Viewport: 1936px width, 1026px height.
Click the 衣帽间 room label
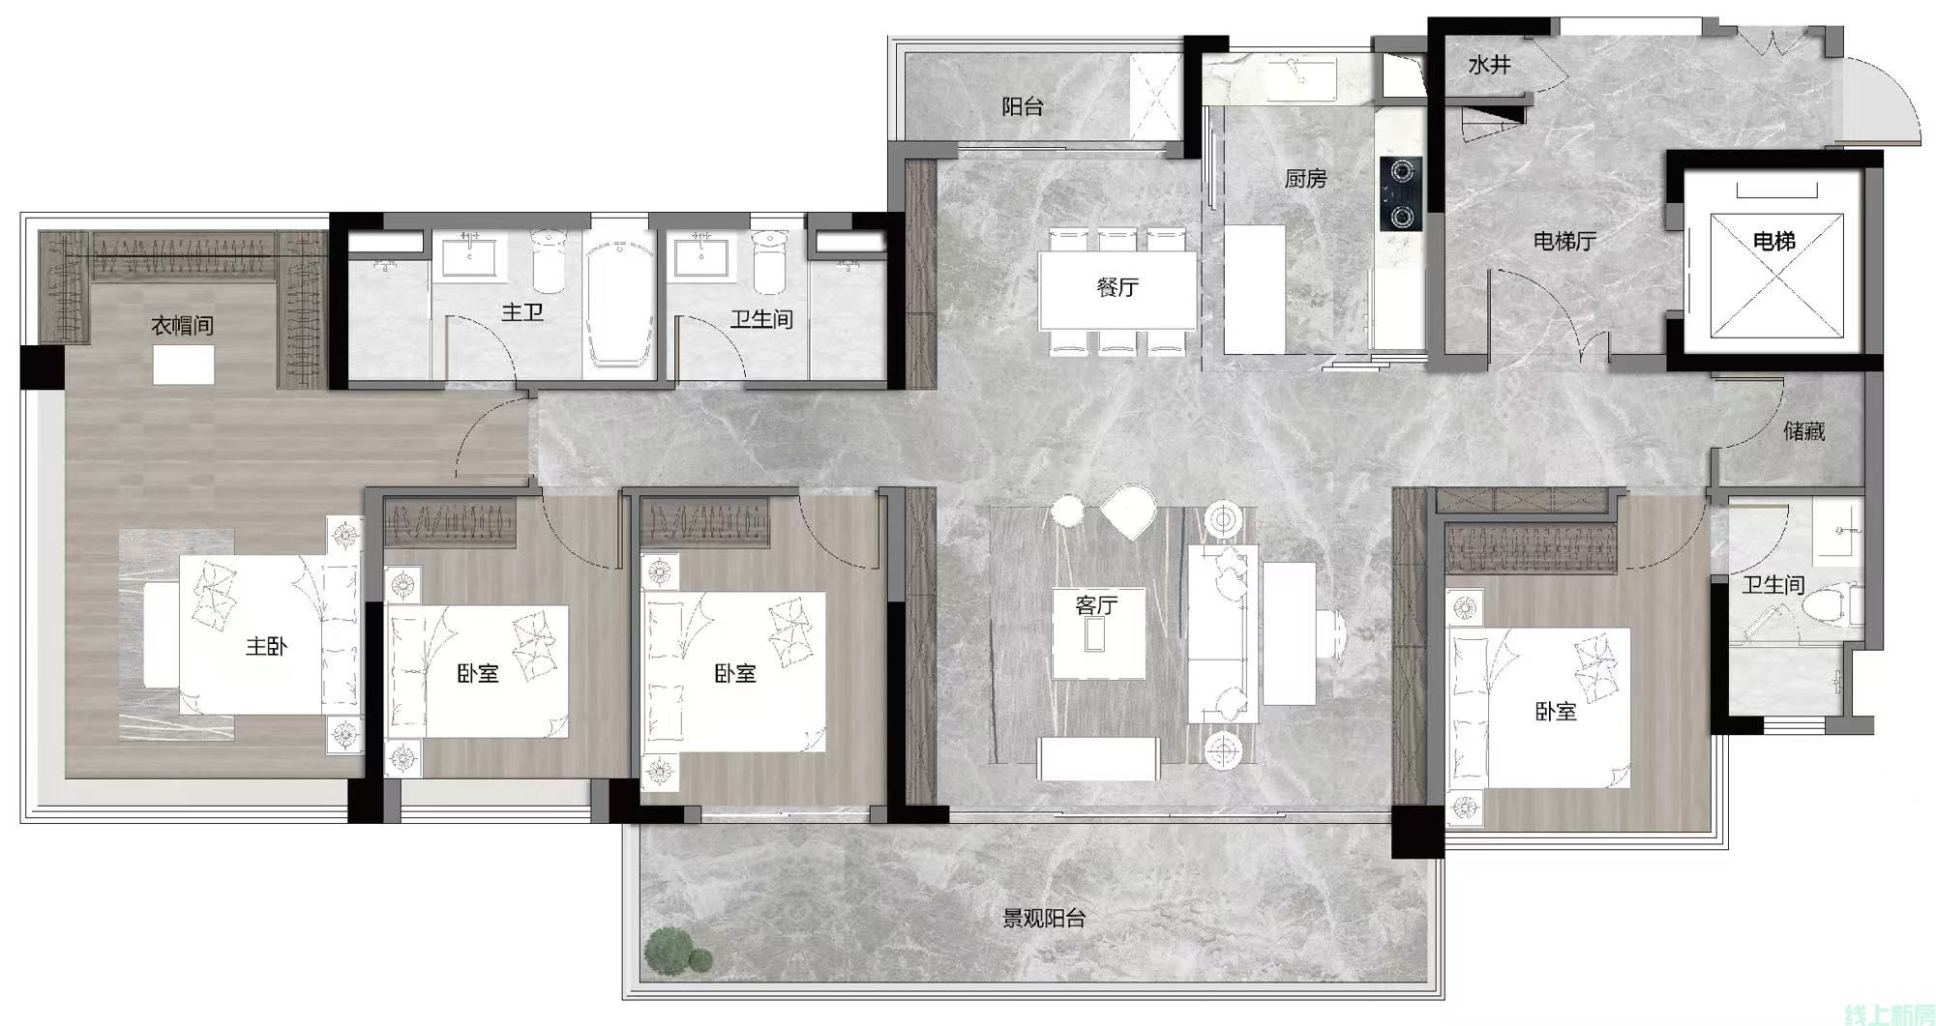click(182, 326)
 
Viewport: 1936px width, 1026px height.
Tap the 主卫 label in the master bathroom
click(521, 312)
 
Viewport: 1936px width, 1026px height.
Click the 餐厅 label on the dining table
click(1117, 287)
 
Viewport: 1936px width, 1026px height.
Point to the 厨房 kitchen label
click(1305, 179)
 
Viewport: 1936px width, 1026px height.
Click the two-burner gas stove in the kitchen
click(1401, 192)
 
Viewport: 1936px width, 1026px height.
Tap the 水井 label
click(1489, 66)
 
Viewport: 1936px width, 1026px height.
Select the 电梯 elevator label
click(1773, 241)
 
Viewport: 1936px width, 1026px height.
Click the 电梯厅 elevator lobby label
click(1564, 241)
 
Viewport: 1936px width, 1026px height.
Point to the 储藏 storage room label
click(1803, 431)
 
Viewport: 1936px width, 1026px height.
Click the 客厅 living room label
click(1096, 605)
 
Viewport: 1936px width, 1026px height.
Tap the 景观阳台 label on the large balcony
click(1043, 919)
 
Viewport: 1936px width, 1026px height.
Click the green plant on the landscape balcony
click(677, 950)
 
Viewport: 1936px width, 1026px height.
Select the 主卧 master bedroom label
click(266, 646)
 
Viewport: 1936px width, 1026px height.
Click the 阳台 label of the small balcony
click(1023, 106)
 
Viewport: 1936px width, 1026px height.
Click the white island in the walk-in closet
click(184, 366)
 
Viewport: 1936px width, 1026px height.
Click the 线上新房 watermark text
click(1890, 1013)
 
